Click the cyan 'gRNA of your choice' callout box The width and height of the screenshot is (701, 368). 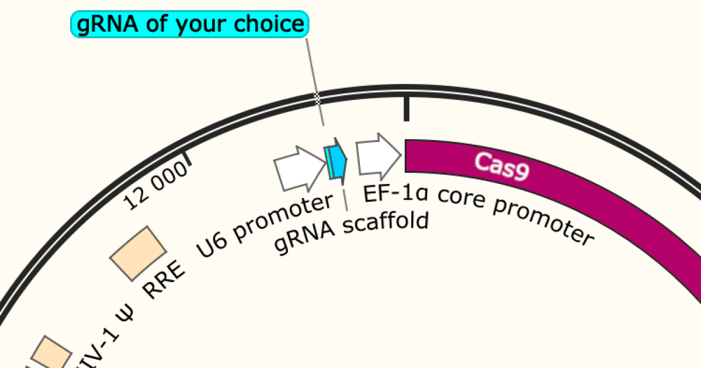pyautogui.click(x=189, y=25)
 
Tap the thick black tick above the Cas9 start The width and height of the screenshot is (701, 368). pyautogui.click(x=407, y=109)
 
